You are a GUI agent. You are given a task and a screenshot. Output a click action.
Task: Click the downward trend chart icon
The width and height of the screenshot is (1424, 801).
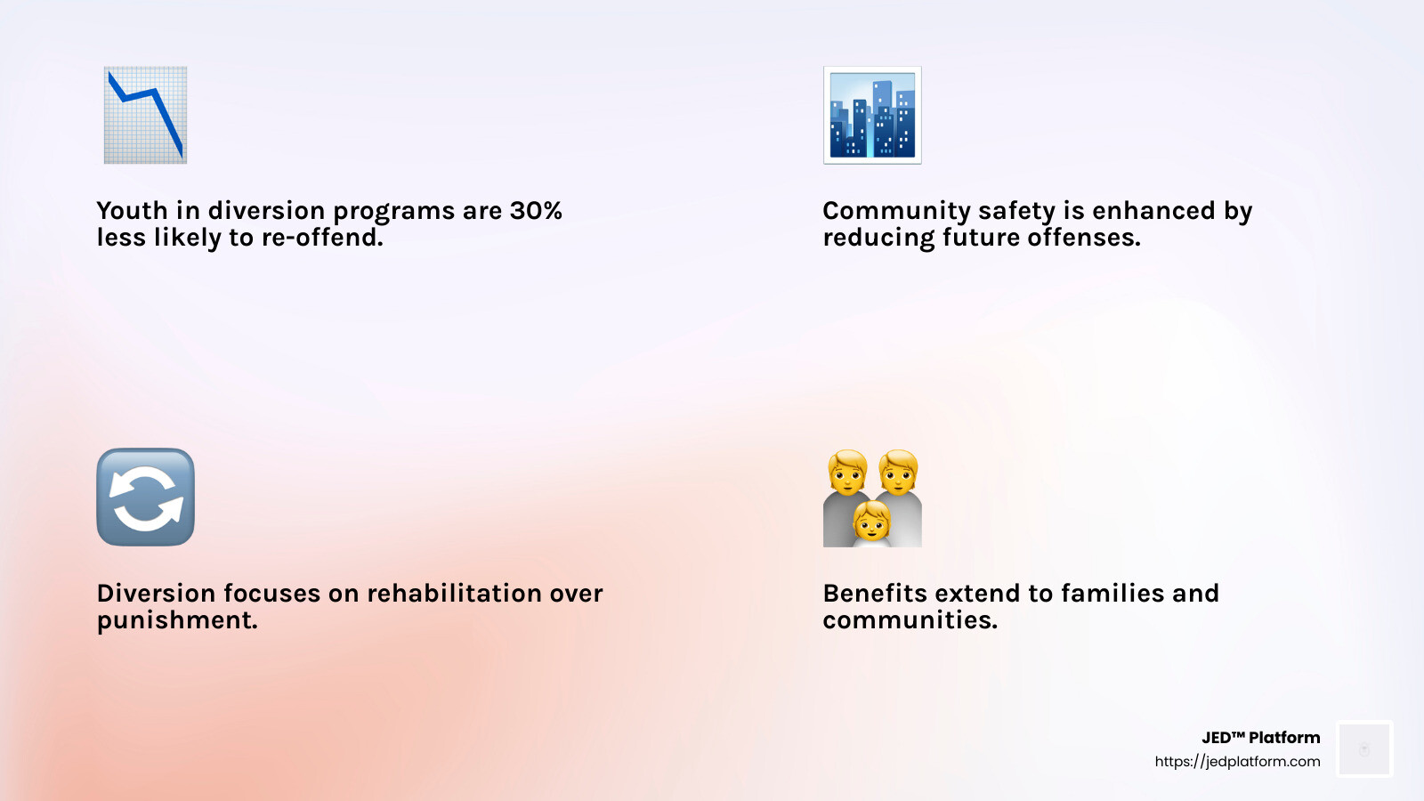pos(145,115)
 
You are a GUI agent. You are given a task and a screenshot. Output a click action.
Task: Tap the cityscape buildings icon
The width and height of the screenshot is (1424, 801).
pos(872,115)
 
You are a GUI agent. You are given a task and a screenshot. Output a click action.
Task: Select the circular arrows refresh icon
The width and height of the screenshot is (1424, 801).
pos(145,497)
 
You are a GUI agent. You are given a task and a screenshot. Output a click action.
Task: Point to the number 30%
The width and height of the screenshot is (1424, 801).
pos(536,211)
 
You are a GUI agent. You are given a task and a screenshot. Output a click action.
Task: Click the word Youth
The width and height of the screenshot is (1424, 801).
pos(132,211)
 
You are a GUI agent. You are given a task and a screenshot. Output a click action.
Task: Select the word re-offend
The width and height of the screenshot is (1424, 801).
pos(322,238)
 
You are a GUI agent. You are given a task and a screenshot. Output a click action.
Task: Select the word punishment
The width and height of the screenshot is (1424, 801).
pos(177,620)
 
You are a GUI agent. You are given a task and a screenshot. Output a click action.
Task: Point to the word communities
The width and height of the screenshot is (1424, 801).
pos(910,620)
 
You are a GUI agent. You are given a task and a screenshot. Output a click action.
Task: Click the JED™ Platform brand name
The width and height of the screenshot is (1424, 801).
pos(1260,738)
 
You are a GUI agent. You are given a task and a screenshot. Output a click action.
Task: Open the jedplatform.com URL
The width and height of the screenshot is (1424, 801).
pos(1237,762)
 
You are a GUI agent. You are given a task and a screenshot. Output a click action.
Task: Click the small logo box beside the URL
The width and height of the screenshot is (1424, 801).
pos(1364,749)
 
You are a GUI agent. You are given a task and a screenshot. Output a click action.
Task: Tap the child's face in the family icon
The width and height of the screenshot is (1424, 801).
pos(872,522)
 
